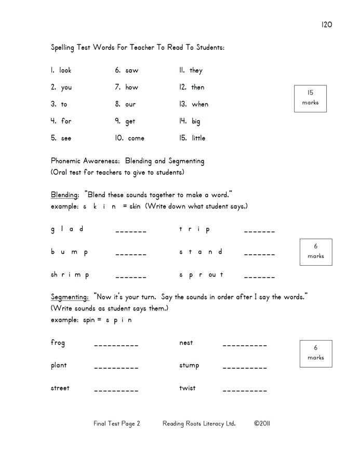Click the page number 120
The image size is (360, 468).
click(326, 24)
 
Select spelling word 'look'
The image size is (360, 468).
click(65, 70)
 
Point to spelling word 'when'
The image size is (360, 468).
click(200, 104)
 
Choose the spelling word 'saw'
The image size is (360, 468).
click(132, 70)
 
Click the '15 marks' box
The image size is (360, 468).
click(310, 98)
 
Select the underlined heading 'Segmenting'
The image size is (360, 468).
click(70, 297)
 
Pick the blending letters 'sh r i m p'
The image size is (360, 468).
click(70, 275)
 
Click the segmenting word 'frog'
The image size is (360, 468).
click(58, 343)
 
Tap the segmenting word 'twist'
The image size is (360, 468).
click(188, 388)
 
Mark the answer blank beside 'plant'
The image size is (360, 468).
click(116, 368)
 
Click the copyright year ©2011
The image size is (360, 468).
click(262, 423)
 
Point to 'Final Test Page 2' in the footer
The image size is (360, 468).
click(117, 423)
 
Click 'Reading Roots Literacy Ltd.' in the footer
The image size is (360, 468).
click(199, 423)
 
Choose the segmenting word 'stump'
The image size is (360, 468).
click(189, 366)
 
